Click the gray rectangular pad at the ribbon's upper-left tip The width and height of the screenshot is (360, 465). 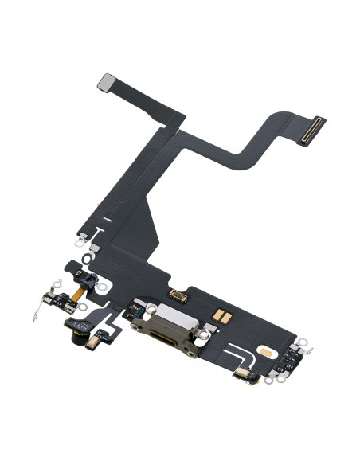point(106,81)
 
